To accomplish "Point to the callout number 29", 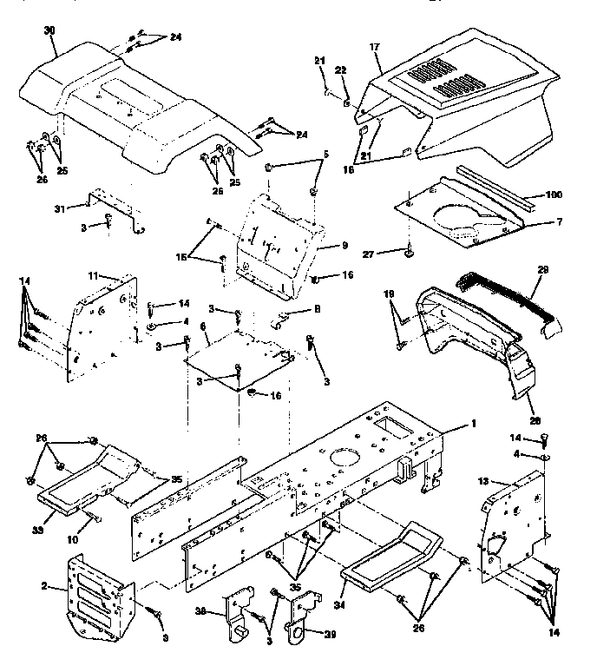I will pos(543,270).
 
